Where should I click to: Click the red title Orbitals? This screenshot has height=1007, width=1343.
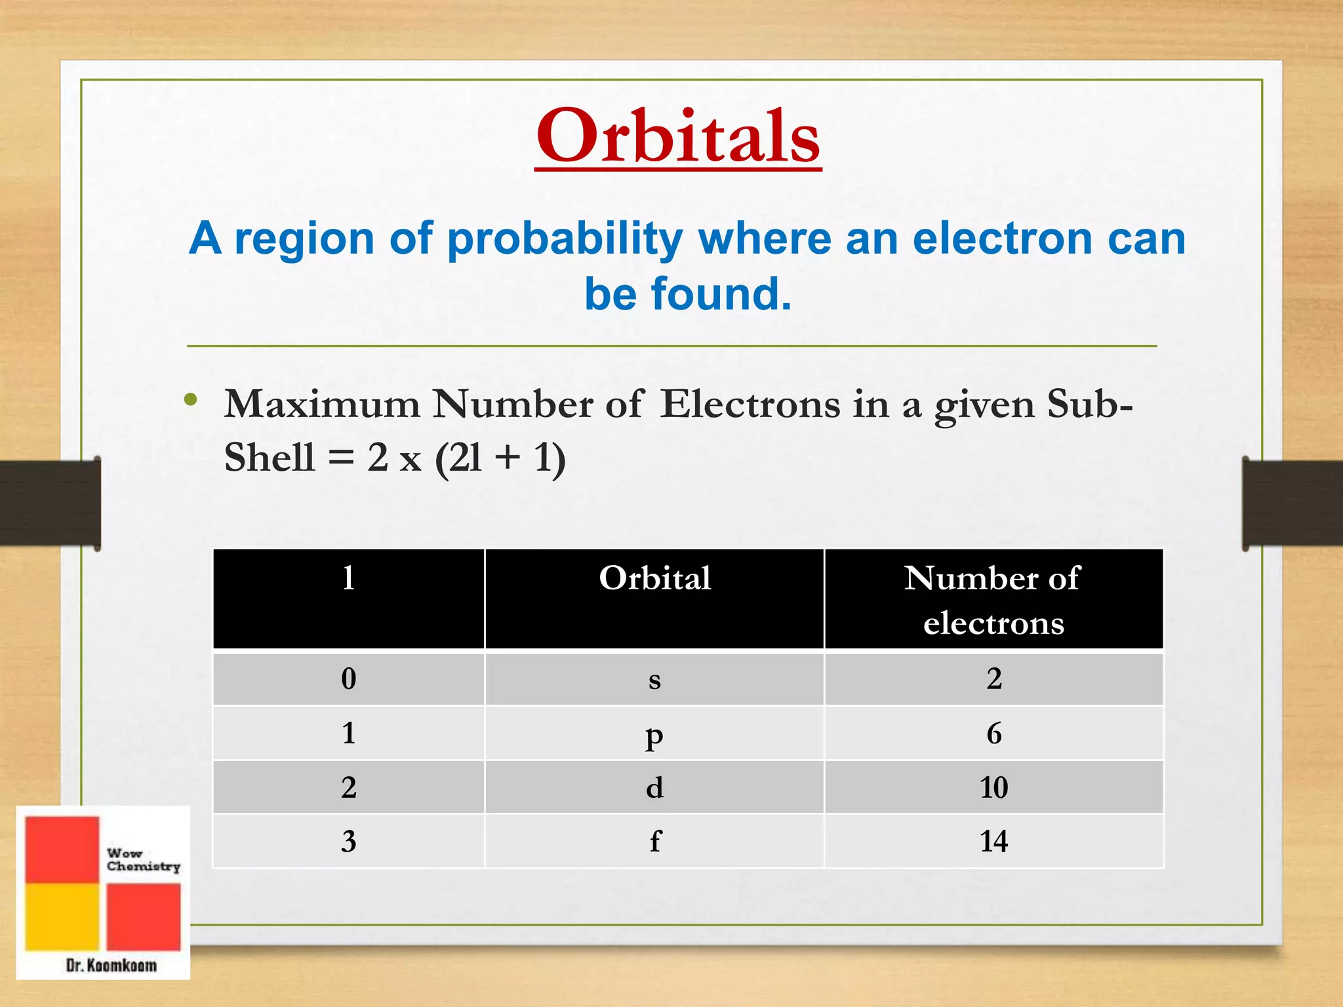[x=677, y=136]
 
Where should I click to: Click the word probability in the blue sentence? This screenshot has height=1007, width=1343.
[x=565, y=239]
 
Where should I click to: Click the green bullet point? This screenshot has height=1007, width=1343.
[x=191, y=400]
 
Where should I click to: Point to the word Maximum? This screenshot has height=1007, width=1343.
[x=321, y=404]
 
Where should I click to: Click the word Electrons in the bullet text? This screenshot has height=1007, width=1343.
[x=750, y=404]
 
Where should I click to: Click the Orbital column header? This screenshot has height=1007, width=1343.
[x=654, y=579]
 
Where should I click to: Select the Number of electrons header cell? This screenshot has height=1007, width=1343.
[x=993, y=599]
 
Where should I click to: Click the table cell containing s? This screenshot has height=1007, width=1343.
[x=654, y=679]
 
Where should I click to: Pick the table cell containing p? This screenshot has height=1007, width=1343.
[x=654, y=734]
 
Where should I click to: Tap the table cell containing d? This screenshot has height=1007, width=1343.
[x=654, y=787]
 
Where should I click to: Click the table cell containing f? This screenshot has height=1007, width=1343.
[x=654, y=841]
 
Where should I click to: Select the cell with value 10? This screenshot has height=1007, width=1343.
[x=993, y=787]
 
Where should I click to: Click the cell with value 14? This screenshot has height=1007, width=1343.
[x=993, y=841]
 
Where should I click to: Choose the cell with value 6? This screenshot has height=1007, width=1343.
[x=993, y=734]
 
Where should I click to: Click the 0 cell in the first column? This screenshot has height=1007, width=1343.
[x=348, y=679]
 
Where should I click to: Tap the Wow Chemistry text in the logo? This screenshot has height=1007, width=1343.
[x=143, y=859]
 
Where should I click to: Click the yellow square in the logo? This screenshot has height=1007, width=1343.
[x=62, y=916]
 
